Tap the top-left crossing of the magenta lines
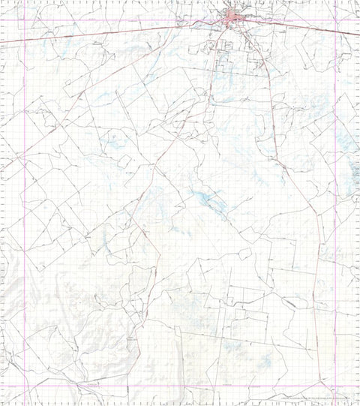25,20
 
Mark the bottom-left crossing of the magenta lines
25,386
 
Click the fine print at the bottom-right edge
315,399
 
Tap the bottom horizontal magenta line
180,386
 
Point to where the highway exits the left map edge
2,43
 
